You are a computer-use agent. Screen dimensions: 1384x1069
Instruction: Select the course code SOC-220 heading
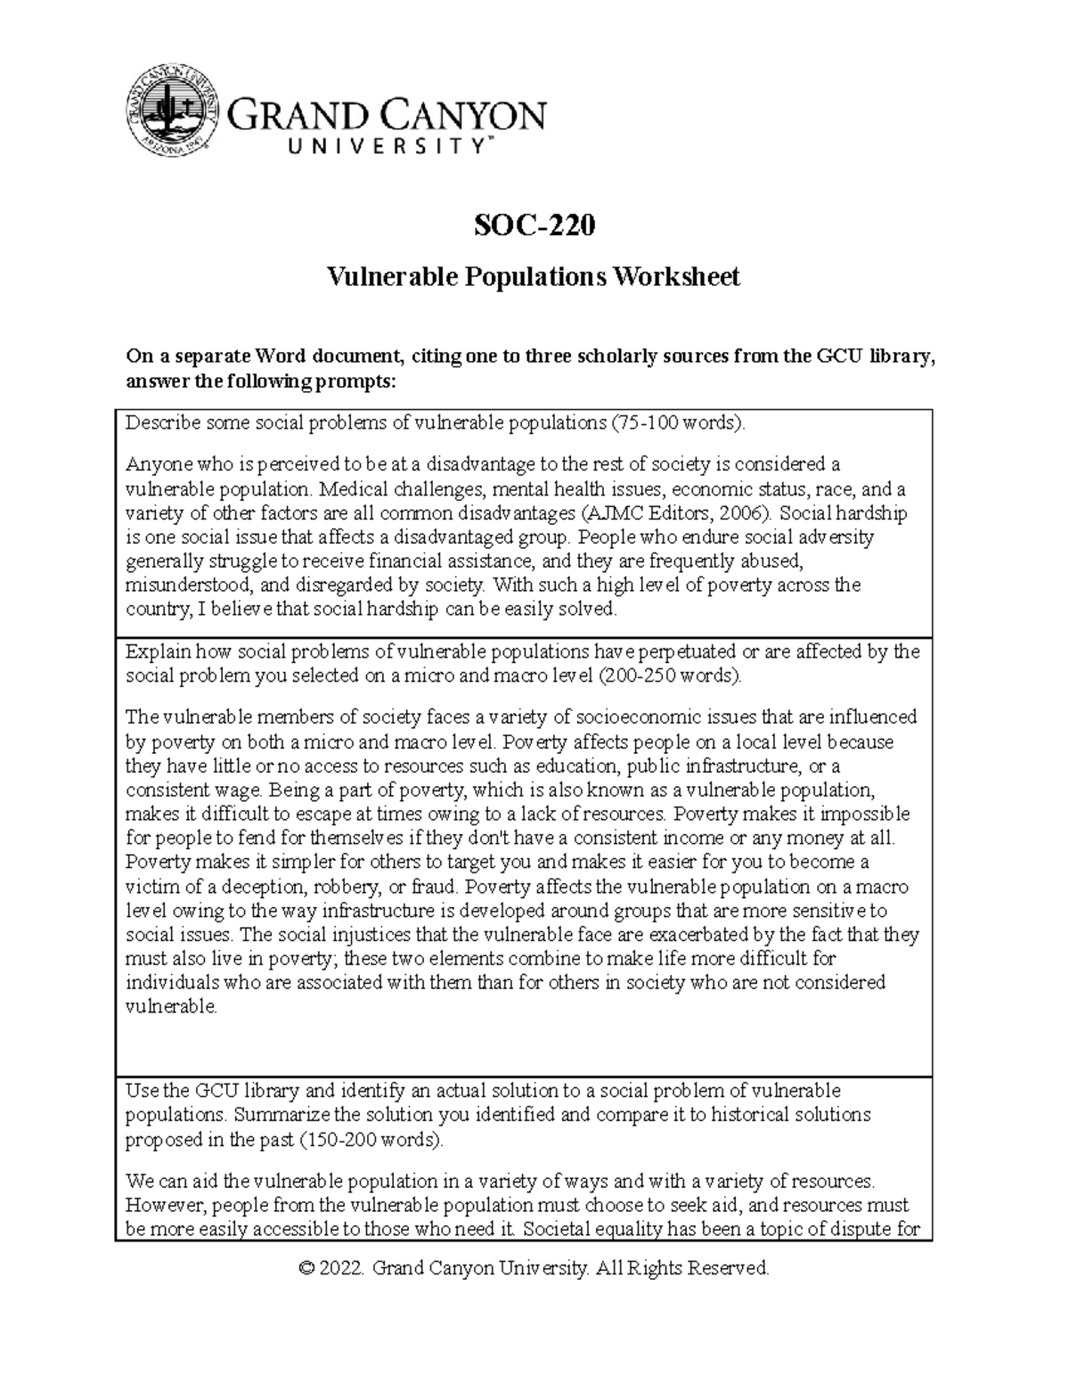tap(534, 226)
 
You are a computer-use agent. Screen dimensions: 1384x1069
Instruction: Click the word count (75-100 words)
tap(675, 422)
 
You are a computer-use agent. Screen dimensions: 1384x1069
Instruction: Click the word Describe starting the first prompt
tap(157, 422)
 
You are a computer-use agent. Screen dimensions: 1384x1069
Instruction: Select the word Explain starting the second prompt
tap(157, 651)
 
